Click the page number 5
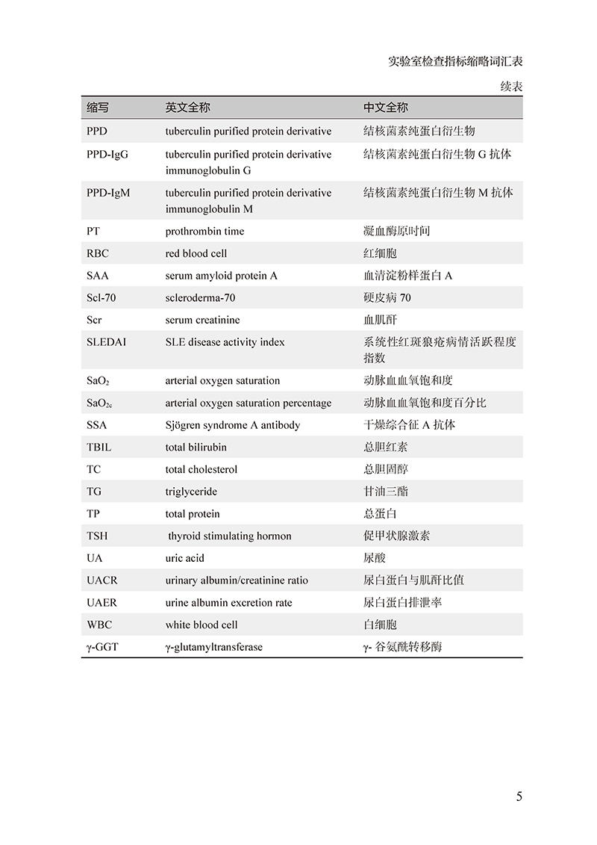pos(519,796)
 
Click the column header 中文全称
pos(386,108)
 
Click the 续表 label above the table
pos(511,87)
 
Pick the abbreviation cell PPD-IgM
pos(107,193)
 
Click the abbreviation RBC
pos(97,253)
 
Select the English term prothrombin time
pos(204,232)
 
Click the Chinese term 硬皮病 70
pos(387,298)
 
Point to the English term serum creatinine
pos(203,320)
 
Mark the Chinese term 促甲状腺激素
pos(396,536)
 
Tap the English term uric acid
pos(184,558)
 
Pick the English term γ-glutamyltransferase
pos(214,647)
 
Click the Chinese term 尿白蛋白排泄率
pos(402,602)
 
